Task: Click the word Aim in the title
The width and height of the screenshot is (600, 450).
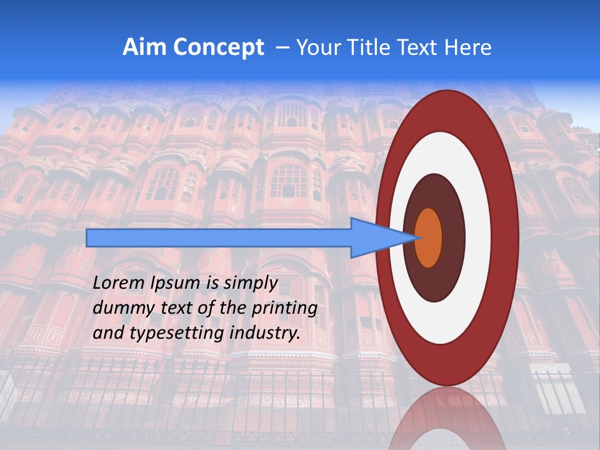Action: (144, 47)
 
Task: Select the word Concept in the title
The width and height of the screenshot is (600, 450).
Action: (218, 47)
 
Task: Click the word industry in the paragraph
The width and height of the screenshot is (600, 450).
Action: (265, 333)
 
